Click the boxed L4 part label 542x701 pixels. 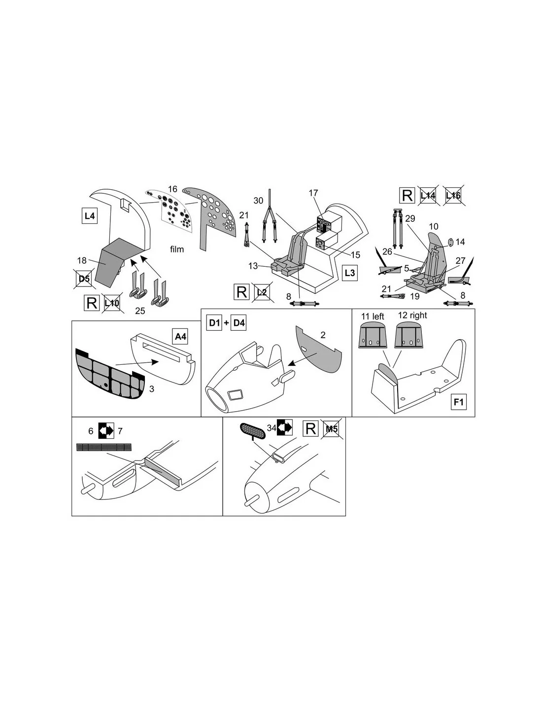[90, 216]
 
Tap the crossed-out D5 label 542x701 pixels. [84, 279]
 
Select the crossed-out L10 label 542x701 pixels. [112, 303]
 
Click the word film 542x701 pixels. [177, 249]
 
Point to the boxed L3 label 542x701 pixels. [349, 273]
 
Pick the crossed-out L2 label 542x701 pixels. [262, 292]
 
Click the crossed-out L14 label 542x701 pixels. [428, 195]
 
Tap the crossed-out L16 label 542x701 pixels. [453, 195]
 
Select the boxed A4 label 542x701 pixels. [180, 337]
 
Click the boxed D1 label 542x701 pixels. [214, 322]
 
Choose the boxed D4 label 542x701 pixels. [239, 322]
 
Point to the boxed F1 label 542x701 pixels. [459, 402]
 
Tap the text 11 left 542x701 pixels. [373, 316]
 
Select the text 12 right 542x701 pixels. [412, 315]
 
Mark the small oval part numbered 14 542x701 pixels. [451, 242]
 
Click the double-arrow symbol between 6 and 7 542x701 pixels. [106, 430]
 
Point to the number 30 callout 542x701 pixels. [258, 200]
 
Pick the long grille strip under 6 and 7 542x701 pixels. [104, 447]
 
